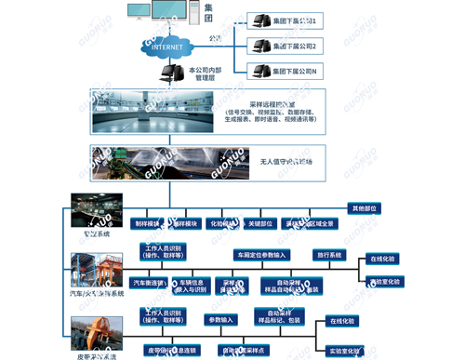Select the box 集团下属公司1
[x=294, y=20]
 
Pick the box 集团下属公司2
[x=294, y=46]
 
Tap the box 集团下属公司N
[x=294, y=71]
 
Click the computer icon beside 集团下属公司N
[x=255, y=71]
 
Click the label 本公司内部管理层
[x=206, y=74]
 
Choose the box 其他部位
[x=364, y=208]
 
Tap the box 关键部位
[x=261, y=224]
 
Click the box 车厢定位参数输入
[x=263, y=254]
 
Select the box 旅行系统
[x=330, y=254]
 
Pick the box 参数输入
[x=222, y=320]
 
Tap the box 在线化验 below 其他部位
[x=382, y=259]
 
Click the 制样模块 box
[x=147, y=224]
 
